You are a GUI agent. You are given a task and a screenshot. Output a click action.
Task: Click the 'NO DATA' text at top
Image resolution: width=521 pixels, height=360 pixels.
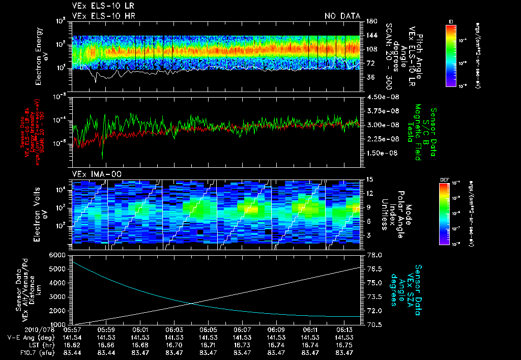click(x=342, y=16)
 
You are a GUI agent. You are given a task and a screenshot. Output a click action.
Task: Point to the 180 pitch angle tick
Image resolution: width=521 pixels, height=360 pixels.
click(x=371, y=21)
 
